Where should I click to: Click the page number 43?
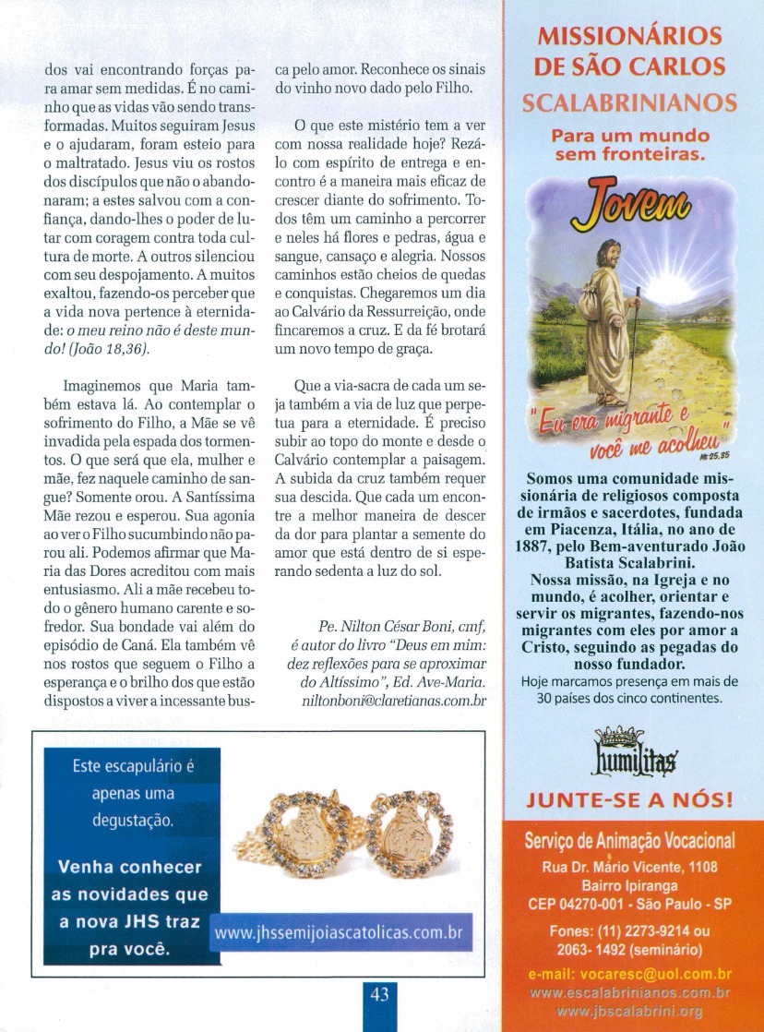[x=379, y=994]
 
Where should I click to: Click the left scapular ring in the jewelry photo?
[x=309, y=841]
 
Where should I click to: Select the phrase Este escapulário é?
[x=133, y=767]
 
